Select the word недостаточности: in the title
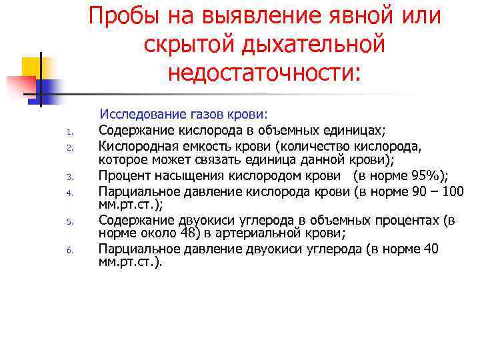264,72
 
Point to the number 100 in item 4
454,191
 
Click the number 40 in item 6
431,249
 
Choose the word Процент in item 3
123,176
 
